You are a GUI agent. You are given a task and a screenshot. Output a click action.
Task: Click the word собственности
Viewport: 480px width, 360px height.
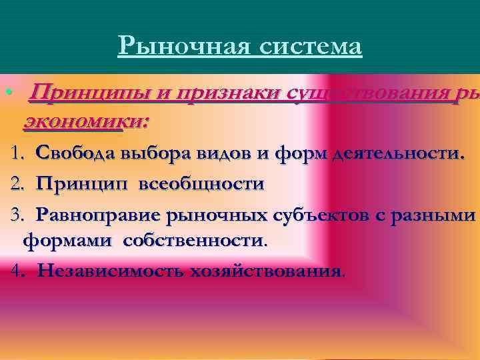tap(193, 241)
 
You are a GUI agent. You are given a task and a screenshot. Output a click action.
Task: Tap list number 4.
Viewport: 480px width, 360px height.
tap(18, 271)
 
